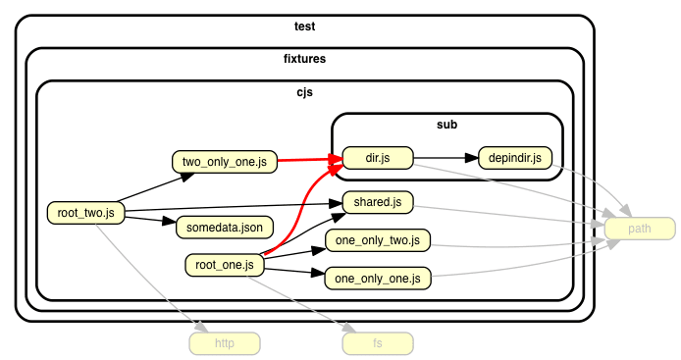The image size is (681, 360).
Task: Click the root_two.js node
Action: (x=86, y=211)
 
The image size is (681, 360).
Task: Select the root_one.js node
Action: (x=225, y=264)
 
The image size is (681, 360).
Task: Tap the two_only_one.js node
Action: (x=225, y=161)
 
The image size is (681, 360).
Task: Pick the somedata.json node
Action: (x=225, y=228)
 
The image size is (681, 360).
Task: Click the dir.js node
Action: (x=378, y=157)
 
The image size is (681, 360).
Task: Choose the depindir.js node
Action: (x=515, y=157)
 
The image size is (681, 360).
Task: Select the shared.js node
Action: (x=378, y=203)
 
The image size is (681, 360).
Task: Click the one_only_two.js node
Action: (x=378, y=240)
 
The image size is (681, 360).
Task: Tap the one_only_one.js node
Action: (x=378, y=279)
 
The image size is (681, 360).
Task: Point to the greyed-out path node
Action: (x=640, y=229)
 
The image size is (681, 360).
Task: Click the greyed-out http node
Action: (x=225, y=343)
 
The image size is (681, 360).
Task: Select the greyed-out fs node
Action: (x=378, y=343)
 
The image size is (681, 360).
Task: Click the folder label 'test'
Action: (x=304, y=26)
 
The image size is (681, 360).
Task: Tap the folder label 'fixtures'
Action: (x=304, y=59)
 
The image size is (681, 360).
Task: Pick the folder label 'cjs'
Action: (x=304, y=92)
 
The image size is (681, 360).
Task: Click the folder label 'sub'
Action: (x=446, y=125)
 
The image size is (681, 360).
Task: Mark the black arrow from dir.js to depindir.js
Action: (x=446, y=157)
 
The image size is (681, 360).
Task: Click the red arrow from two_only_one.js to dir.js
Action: (x=309, y=159)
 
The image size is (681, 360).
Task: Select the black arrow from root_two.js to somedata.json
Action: (x=147, y=219)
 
